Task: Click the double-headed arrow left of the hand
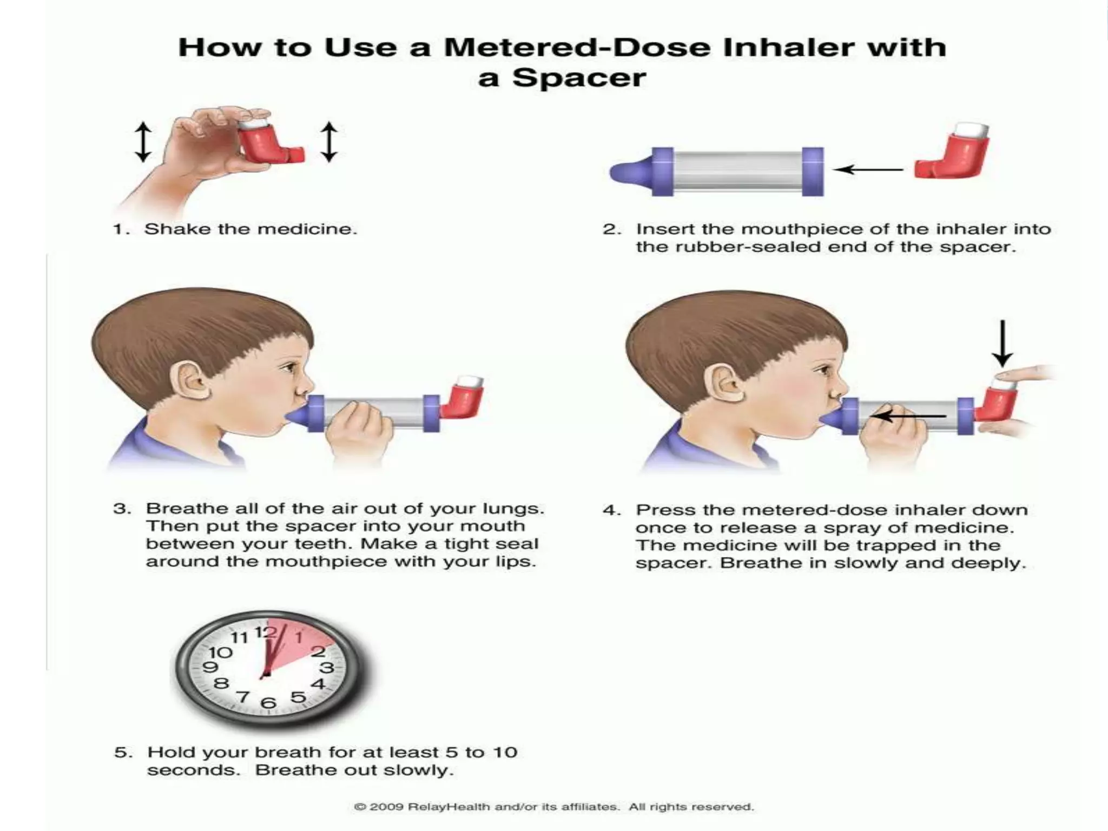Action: pos(143,142)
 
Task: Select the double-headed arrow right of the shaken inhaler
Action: pos(329,142)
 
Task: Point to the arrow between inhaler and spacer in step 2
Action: pos(868,170)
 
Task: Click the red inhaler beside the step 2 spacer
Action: pos(952,158)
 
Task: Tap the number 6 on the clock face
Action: pos(268,703)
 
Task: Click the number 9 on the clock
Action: pos(210,667)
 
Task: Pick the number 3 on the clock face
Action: pos(326,668)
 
